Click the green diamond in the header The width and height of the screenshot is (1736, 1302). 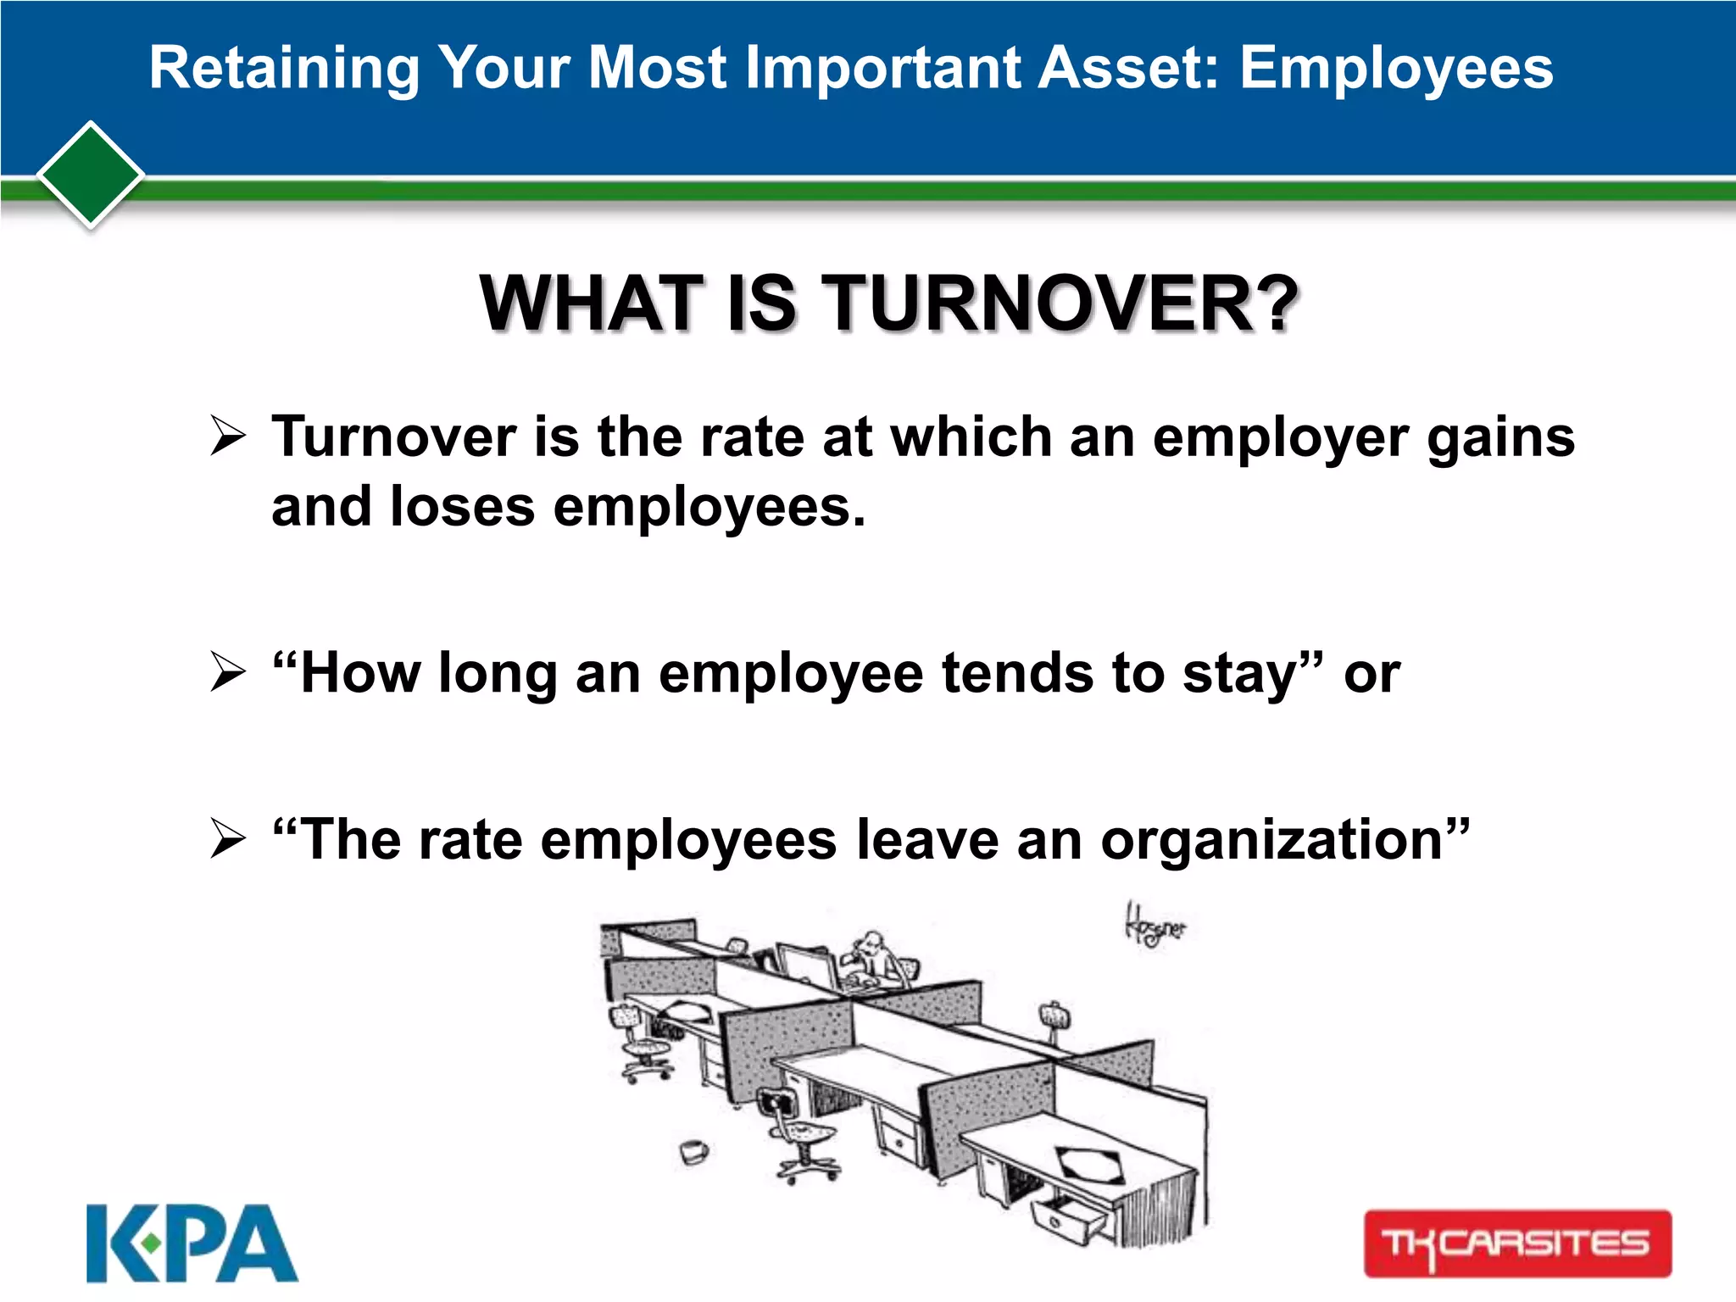click(x=91, y=175)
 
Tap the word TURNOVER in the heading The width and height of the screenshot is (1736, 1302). click(x=1062, y=303)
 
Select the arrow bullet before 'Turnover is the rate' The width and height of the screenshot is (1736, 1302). click(x=227, y=437)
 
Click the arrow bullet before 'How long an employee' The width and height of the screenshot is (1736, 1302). click(x=227, y=673)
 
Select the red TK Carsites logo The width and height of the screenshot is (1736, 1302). click(x=1517, y=1243)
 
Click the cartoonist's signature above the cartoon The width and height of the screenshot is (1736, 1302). click(x=1155, y=927)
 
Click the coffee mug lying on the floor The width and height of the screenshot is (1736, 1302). click(x=693, y=1151)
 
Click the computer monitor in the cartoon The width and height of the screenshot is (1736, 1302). click(x=805, y=966)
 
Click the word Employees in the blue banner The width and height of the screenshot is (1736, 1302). click(x=1396, y=68)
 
